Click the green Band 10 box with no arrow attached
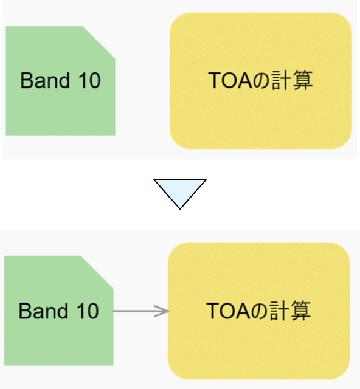60,81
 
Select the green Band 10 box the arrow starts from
58,311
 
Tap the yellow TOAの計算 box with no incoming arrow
261,81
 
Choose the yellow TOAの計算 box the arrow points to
259,311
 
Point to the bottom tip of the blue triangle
180,209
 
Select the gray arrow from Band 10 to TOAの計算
141,311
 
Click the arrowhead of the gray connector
162,311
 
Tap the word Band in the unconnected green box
45,80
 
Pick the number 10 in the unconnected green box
90,80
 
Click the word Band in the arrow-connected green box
43,311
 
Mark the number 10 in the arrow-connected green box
88,311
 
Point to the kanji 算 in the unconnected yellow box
303,80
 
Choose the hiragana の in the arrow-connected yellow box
261,311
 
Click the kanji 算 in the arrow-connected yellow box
301,311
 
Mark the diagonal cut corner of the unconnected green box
99,43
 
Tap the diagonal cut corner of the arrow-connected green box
97,272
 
